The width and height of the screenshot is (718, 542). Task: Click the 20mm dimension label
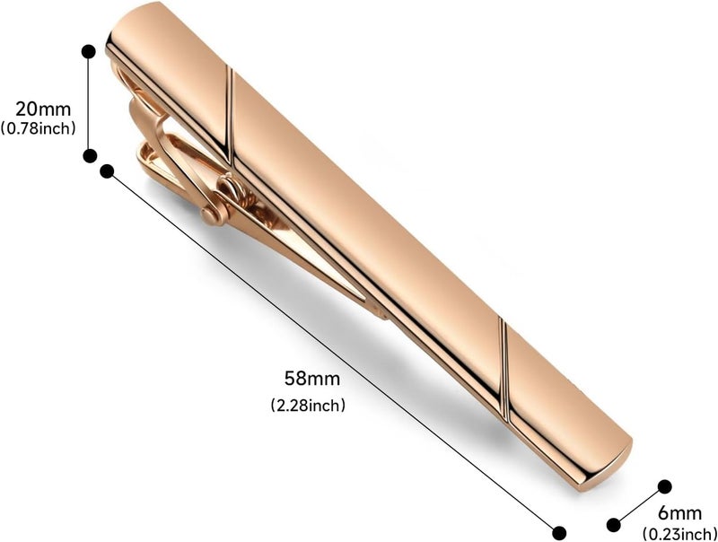click(43, 109)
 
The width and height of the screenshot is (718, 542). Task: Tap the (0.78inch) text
click(38, 128)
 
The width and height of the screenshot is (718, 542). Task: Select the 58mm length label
click(311, 379)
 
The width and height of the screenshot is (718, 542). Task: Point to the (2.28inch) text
click(308, 405)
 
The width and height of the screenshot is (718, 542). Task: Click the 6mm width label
click(679, 513)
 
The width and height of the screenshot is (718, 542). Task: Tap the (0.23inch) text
click(679, 533)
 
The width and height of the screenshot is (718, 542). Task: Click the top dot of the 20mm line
click(88, 52)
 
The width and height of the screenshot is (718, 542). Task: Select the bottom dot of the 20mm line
click(90, 155)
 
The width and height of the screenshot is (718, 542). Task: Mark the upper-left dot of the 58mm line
click(107, 171)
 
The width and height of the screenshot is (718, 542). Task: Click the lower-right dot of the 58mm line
click(559, 533)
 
